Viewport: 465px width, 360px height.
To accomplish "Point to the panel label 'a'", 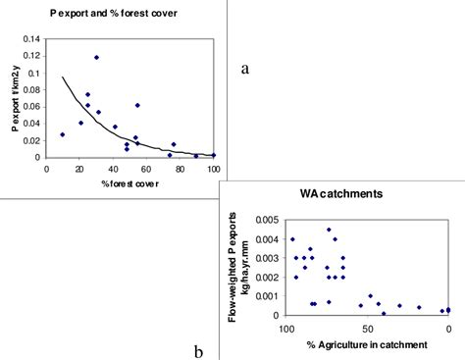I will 245,68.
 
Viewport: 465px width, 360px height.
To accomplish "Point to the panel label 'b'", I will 198,350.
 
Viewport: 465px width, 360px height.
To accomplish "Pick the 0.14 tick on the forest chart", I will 31,39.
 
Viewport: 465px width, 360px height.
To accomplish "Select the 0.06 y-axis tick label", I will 31,107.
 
